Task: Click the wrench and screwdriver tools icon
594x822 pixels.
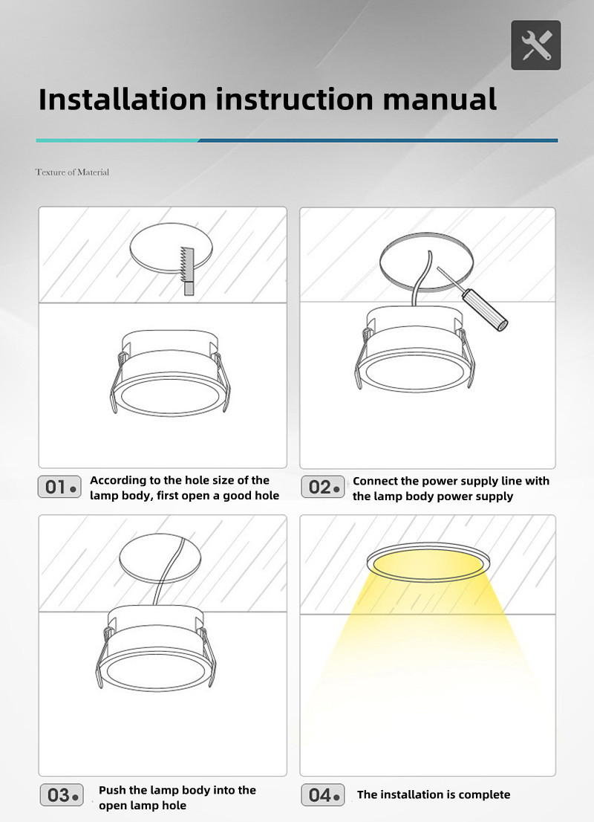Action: [x=536, y=45]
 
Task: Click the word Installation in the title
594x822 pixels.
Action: [x=123, y=99]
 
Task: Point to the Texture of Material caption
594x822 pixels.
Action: [x=72, y=172]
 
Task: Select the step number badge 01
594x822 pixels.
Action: [x=59, y=487]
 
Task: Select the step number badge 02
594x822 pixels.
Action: [x=323, y=487]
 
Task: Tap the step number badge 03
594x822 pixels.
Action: [x=62, y=795]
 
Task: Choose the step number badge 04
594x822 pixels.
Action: [x=323, y=795]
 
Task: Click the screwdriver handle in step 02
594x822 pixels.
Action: [x=485, y=310]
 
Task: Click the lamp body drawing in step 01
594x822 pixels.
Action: [x=170, y=373]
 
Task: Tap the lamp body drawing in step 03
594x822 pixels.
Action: [x=156, y=648]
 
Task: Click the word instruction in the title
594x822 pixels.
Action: [x=294, y=99]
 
